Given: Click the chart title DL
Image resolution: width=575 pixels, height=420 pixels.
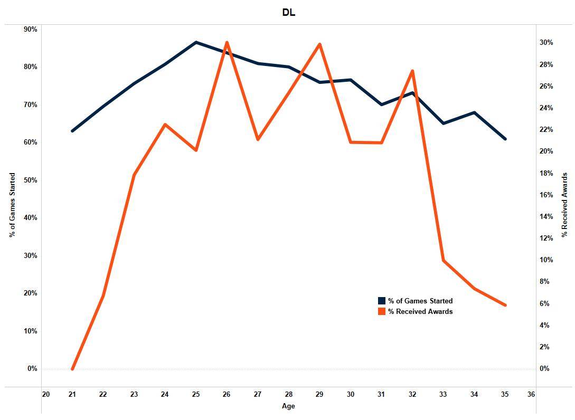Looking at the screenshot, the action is click(x=289, y=13).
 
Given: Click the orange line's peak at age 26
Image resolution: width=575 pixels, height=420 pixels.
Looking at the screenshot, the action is click(x=227, y=42).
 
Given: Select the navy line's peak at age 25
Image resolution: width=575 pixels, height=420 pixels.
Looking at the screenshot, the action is click(x=196, y=42).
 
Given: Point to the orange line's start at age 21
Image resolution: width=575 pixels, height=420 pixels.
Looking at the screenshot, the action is click(x=72, y=369).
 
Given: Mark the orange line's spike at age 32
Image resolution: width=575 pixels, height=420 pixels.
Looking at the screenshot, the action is click(x=412, y=71).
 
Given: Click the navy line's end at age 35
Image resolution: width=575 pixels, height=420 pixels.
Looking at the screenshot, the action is click(x=505, y=139).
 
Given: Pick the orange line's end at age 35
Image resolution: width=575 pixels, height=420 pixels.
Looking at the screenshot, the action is click(x=505, y=305).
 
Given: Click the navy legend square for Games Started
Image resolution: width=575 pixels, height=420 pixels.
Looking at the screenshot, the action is click(x=382, y=301).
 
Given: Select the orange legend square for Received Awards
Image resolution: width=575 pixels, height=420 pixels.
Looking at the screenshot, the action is click(x=382, y=311).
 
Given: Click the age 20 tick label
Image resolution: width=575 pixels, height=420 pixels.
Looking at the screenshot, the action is click(x=46, y=394).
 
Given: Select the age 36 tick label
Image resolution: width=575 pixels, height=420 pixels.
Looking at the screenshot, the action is click(x=531, y=394).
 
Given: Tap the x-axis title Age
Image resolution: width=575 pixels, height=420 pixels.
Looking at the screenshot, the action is click(x=289, y=406).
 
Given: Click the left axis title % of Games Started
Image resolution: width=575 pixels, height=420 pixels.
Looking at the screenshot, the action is click(x=13, y=205).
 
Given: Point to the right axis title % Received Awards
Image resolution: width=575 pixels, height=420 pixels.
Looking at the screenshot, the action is click(x=565, y=205).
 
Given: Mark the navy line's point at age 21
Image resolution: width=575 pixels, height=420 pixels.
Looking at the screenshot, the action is click(x=72, y=131).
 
